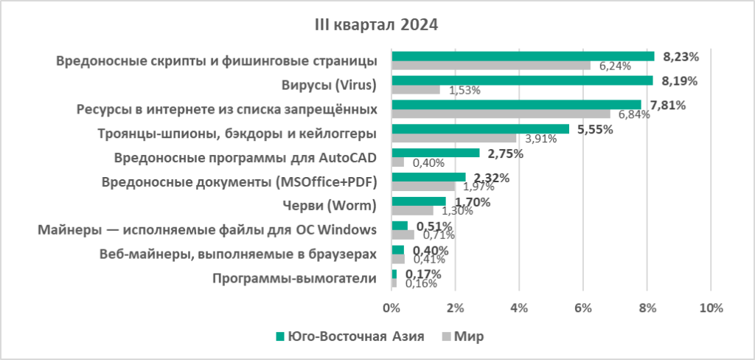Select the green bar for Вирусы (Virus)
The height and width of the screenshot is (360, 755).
[x=522, y=80]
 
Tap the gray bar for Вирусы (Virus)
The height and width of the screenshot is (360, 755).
[x=415, y=90]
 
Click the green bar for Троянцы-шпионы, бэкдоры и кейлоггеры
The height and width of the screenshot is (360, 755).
[x=480, y=129]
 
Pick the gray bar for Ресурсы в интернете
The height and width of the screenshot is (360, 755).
[x=501, y=114]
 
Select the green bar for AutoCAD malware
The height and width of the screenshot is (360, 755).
[x=435, y=153]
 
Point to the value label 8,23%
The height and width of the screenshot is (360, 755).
[x=681, y=56]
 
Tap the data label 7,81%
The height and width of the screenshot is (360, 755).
[x=667, y=105]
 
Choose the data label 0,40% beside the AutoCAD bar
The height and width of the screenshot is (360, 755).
[x=426, y=163]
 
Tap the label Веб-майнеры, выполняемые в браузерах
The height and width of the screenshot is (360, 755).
[x=238, y=254]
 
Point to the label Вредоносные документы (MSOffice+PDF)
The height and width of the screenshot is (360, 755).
[x=245, y=181]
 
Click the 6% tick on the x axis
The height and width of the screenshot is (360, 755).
[x=582, y=307]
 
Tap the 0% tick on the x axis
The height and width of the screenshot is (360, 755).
[x=392, y=307]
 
